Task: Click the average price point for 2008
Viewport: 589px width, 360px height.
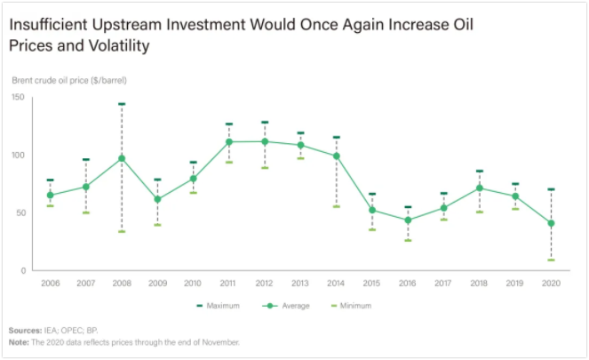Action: pos(122,159)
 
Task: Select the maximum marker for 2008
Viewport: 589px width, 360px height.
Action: pos(122,104)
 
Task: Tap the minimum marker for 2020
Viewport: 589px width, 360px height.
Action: pos(551,260)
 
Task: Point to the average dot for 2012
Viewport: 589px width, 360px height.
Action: pos(265,141)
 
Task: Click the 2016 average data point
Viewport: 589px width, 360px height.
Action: pos(408,220)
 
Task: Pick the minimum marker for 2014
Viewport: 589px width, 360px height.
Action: pos(336,206)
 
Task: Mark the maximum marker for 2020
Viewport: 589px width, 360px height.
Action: pos(551,189)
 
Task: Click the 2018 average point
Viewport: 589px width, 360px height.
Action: pos(479,188)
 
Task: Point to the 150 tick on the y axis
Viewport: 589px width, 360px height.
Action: pos(18,97)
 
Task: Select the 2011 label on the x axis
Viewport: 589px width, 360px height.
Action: pos(228,283)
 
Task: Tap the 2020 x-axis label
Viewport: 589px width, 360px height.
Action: pos(551,283)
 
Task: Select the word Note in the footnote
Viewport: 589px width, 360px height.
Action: pos(20,341)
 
